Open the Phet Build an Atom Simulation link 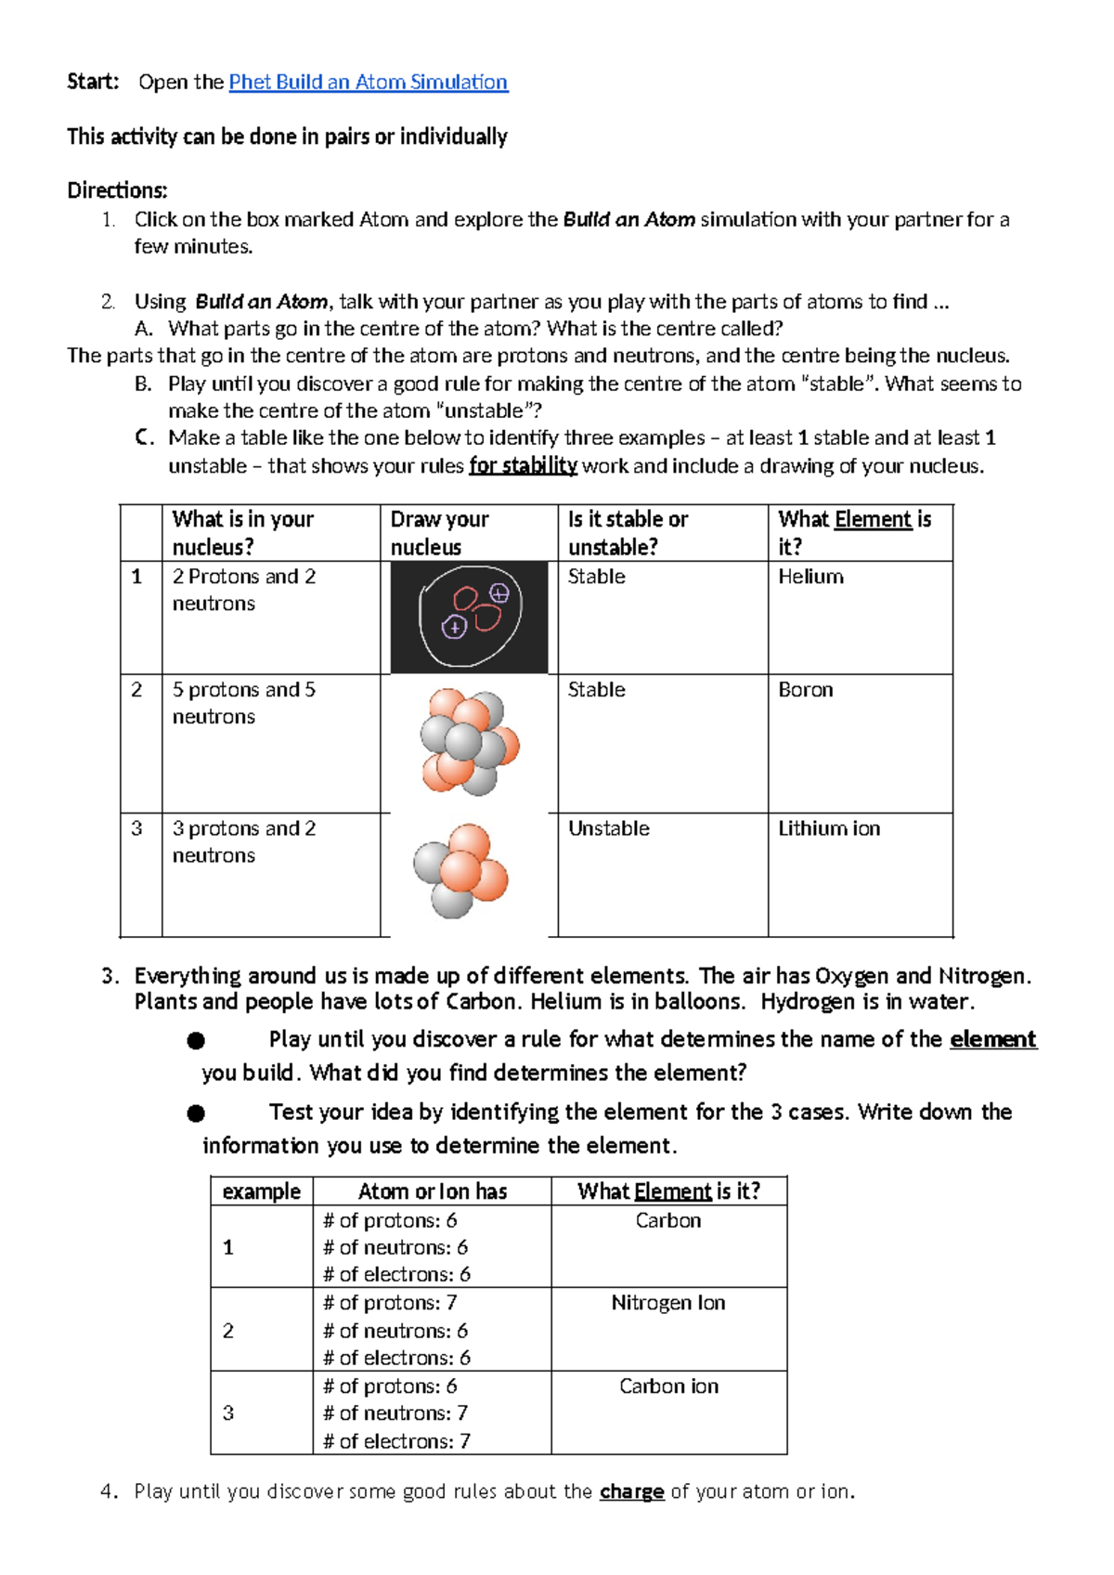coord(368,82)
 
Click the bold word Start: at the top coord(93,82)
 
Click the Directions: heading coord(117,190)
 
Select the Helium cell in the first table coord(810,577)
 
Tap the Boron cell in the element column coord(805,690)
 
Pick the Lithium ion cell coord(828,828)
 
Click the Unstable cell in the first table coord(608,828)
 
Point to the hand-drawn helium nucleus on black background coord(469,617)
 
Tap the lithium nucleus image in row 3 coord(461,870)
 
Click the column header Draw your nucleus coord(439,533)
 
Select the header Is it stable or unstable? coord(628,533)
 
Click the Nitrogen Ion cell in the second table coord(667,1303)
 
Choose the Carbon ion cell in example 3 coord(668,1386)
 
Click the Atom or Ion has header coord(433,1191)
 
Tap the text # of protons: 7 coord(390,1303)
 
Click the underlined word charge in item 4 coord(631,1491)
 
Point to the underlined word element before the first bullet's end coord(992,1039)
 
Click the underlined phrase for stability coord(523,465)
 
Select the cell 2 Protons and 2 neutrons coord(244,590)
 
